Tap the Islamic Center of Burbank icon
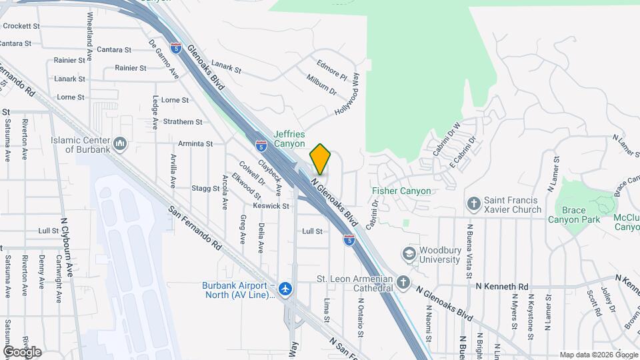(121, 143)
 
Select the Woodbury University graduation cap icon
(408, 254)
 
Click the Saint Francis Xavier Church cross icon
(474, 203)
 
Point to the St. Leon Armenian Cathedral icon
(402, 283)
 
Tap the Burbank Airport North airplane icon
(286, 289)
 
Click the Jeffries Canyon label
(289, 139)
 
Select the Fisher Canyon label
(401, 191)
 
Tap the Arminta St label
(195, 143)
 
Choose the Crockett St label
(22, 26)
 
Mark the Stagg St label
(206, 189)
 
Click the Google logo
(22, 351)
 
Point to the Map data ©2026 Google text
(598, 355)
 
